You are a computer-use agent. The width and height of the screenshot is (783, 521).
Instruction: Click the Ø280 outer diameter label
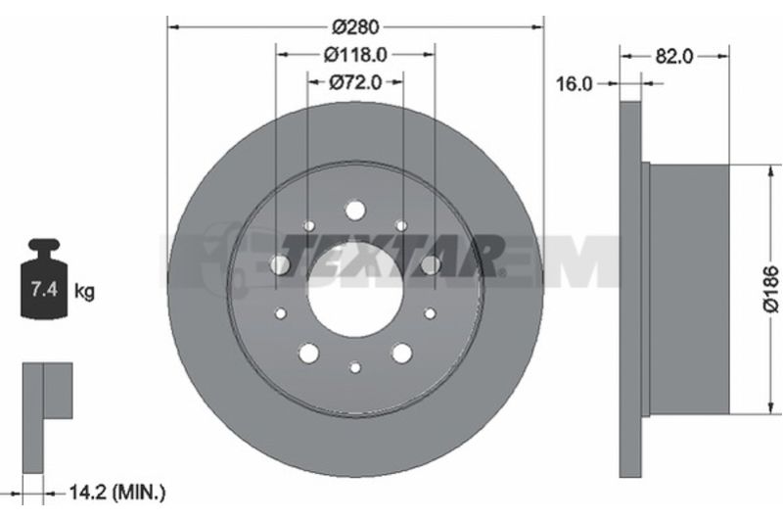click(x=356, y=27)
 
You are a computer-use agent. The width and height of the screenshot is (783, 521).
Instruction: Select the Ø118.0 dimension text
click(x=355, y=55)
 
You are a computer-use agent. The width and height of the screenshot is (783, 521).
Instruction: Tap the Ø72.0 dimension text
click(x=355, y=82)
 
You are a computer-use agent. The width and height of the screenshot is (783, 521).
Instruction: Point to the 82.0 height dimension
click(x=674, y=57)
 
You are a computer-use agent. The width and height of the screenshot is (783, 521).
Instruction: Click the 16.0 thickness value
click(x=575, y=84)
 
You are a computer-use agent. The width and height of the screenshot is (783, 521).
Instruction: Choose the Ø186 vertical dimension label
click(x=771, y=289)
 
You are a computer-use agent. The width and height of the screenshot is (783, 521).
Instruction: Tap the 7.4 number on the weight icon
click(x=44, y=289)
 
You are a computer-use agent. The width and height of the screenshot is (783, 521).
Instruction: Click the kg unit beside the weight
click(x=84, y=291)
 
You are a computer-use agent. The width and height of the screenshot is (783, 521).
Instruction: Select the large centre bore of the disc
click(x=355, y=290)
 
